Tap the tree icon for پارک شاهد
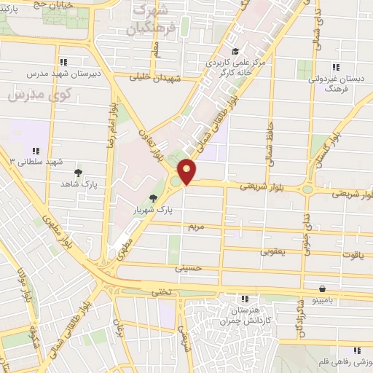click(78, 173)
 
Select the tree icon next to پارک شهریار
click(153, 198)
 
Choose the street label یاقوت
click(352, 256)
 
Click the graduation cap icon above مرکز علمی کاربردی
click(235, 51)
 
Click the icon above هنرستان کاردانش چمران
click(245, 298)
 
